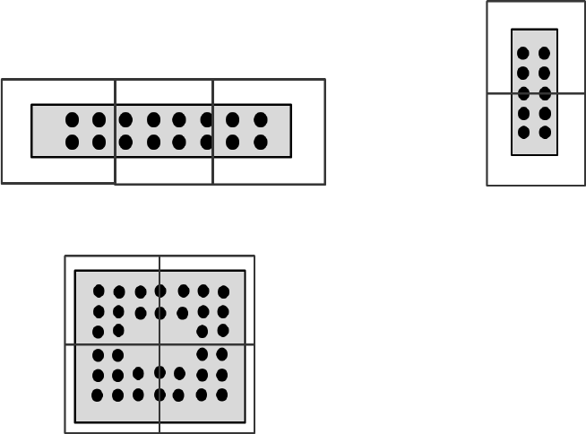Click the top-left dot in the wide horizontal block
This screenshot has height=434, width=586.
[x=72, y=119]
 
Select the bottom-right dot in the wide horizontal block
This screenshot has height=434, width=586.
[x=261, y=142]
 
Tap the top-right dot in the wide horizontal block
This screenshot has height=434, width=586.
[x=261, y=119]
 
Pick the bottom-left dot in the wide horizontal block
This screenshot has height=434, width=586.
[x=72, y=142]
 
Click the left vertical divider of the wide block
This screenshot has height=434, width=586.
[x=116, y=90]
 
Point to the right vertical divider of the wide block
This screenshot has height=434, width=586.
[x=212, y=90]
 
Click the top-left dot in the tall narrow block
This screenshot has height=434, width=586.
[x=523, y=53]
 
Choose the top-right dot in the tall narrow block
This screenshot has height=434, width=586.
[x=545, y=53]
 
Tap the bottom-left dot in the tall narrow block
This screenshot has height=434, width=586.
[x=523, y=133]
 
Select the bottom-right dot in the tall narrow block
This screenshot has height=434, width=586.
[x=545, y=133]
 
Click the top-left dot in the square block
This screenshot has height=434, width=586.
[x=99, y=291]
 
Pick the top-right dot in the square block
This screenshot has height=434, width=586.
[x=223, y=291]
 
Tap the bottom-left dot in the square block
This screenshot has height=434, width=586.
[x=98, y=395]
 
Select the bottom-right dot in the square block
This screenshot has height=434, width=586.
[x=222, y=395]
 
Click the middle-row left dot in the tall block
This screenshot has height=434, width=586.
[x=523, y=93]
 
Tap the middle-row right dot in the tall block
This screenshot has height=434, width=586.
[x=545, y=93]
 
